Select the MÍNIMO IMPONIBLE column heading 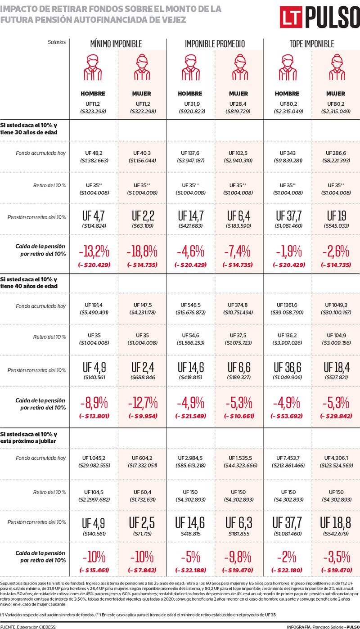tap(116, 44)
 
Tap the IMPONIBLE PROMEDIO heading tap(215, 44)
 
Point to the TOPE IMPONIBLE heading tap(311, 44)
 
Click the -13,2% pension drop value tap(93, 250)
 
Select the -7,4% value tap(238, 250)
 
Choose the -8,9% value tap(93, 401)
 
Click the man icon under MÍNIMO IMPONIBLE tap(93, 67)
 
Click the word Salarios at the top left tap(57, 42)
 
